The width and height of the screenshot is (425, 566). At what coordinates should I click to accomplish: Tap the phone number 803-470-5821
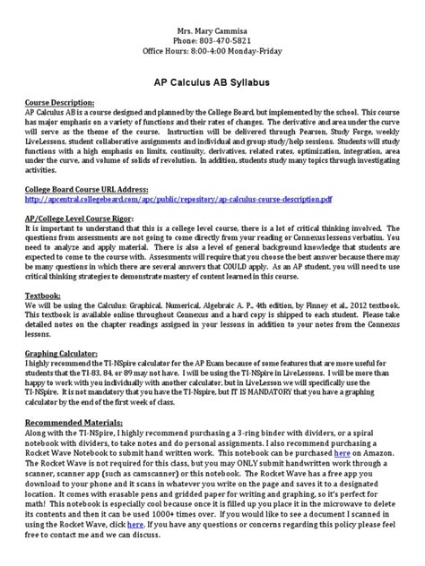point(212,25)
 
